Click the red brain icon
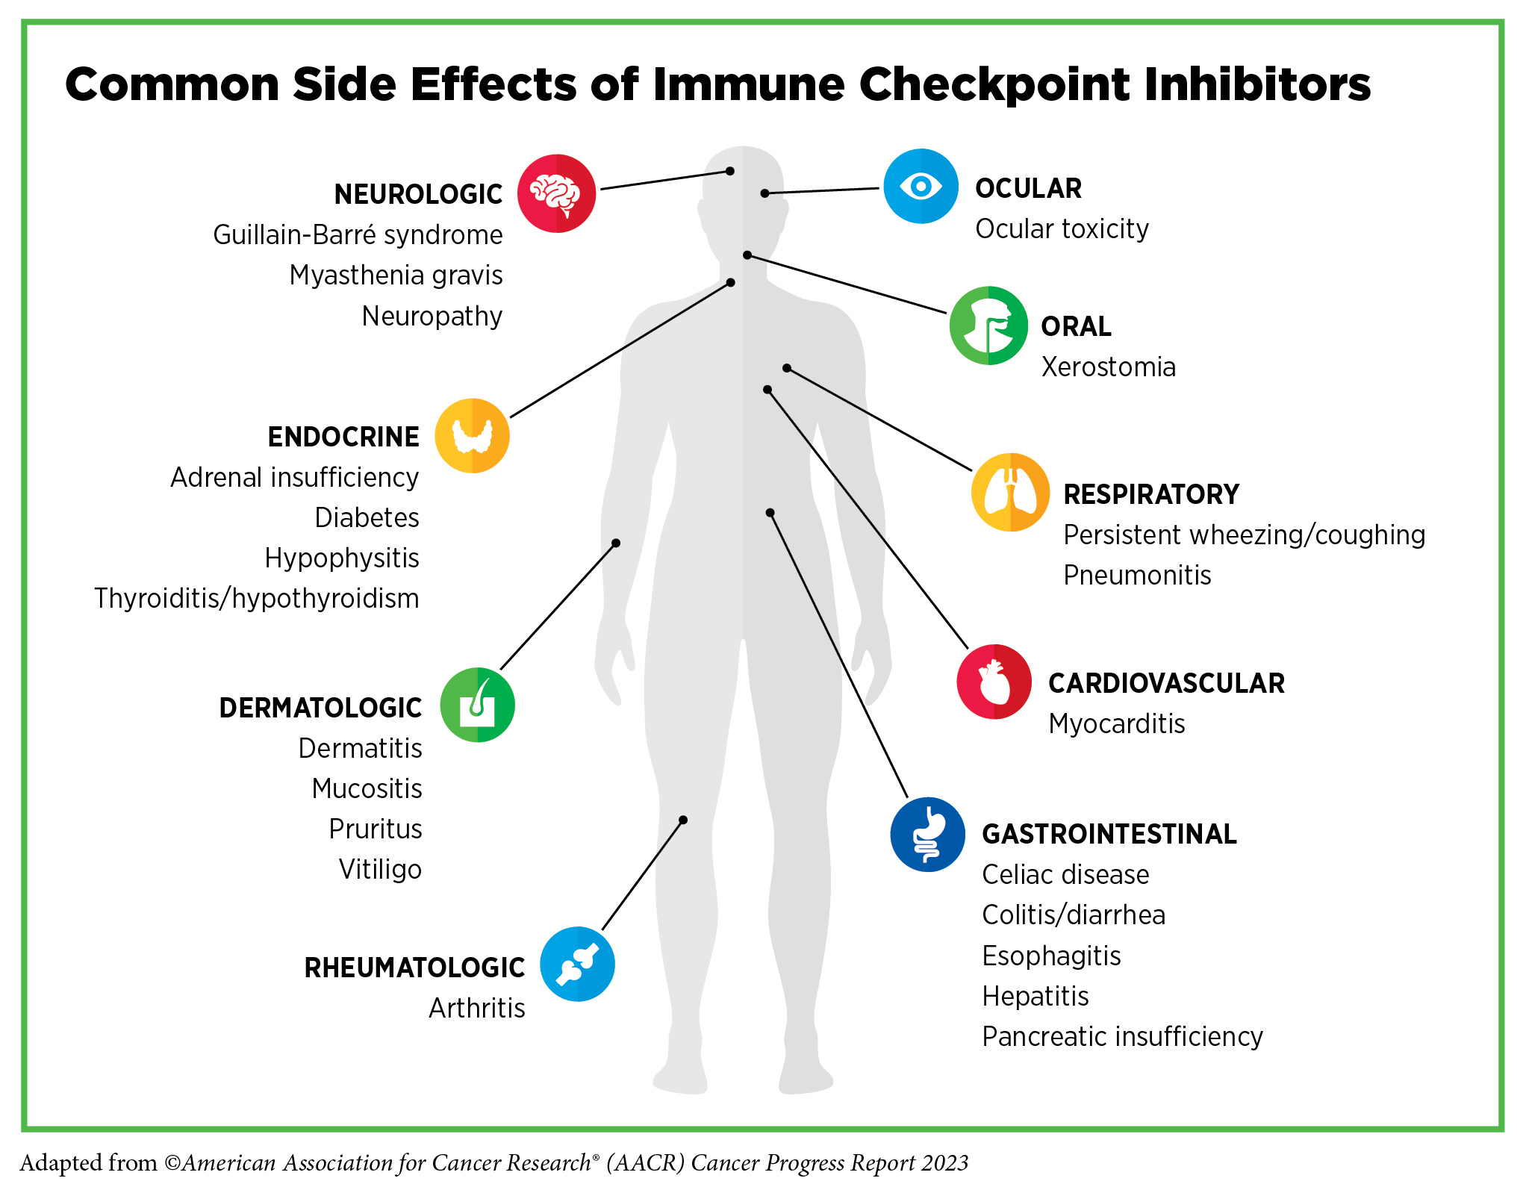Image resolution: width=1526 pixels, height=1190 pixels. pyautogui.click(x=556, y=193)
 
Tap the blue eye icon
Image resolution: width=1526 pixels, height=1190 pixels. pyautogui.click(x=921, y=186)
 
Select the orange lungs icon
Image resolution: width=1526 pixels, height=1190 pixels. pyautogui.click(x=1010, y=492)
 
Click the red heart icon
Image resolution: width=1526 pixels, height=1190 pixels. pyautogui.click(x=994, y=682)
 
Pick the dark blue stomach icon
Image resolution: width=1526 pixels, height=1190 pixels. pyautogui.click(x=927, y=834)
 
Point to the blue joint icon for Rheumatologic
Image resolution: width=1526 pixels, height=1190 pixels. pyautogui.click(x=577, y=964)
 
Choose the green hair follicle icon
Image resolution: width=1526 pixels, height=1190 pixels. pyautogui.click(x=477, y=705)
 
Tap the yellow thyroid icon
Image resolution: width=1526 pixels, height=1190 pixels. pyautogui.click(x=472, y=436)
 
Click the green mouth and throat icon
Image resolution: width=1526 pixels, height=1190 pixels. pyautogui.click(x=988, y=325)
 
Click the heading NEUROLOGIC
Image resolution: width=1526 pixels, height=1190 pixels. pyautogui.click(x=418, y=195)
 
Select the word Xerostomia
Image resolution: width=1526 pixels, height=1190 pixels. pyautogui.click(x=1108, y=367)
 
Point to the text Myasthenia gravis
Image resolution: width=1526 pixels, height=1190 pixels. pyautogui.click(x=396, y=275)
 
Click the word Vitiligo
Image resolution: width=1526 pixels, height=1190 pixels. pyautogui.click(x=380, y=870)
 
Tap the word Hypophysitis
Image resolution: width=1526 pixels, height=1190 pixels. pyautogui.click(x=342, y=558)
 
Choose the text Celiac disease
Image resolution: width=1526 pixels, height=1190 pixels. pyautogui.click(x=1065, y=875)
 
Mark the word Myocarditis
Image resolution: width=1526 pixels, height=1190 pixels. pyautogui.click(x=1116, y=724)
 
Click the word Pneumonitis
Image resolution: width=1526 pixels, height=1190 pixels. pyautogui.click(x=1137, y=576)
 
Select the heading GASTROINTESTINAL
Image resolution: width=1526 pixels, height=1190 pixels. pyautogui.click(x=1109, y=835)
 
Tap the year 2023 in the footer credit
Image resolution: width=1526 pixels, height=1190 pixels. pyautogui.click(x=944, y=1163)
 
